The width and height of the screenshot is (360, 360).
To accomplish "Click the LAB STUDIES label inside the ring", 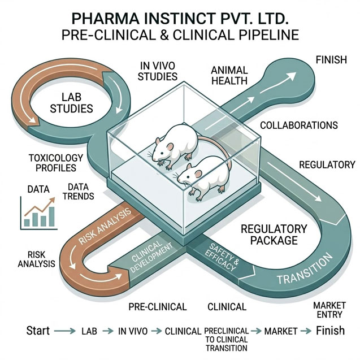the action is [71, 103].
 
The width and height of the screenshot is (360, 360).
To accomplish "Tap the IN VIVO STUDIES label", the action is [158, 71].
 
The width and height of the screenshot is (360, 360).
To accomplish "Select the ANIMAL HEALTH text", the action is [229, 76].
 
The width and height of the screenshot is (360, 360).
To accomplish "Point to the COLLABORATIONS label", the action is [299, 125].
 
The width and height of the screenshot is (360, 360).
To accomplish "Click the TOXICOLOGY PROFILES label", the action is [56, 163].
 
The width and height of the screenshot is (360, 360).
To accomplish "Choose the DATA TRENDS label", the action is [79, 192].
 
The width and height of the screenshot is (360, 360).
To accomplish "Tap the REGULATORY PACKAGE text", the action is [274, 235].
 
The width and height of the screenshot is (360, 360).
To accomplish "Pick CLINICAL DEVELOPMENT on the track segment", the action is [151, 256].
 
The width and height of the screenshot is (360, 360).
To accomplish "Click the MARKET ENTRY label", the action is [329, 310].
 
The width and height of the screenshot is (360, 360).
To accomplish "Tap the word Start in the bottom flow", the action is [38, 331].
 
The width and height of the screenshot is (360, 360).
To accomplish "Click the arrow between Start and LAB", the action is [65, 331].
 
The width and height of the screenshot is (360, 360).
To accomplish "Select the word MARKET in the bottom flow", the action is [281, 331].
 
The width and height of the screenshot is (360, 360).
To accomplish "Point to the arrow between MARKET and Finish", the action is [306, 331].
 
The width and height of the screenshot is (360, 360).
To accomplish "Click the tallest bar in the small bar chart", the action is [52, 216].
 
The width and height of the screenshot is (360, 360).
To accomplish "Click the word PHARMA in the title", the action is [105, 19].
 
